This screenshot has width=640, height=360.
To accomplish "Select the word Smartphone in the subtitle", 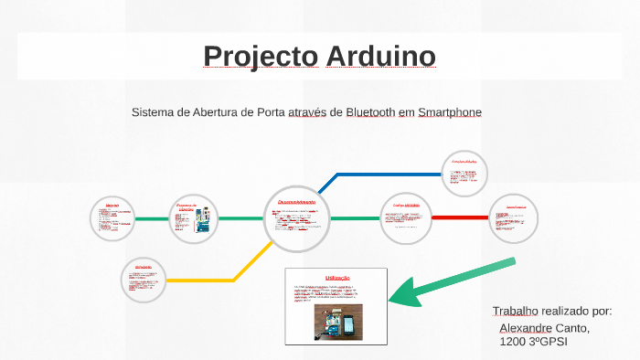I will [x=449, y=112].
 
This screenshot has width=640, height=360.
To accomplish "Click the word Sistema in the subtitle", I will [x=155, y=112].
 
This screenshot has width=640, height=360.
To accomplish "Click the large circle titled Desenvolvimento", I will [x=296, y=218].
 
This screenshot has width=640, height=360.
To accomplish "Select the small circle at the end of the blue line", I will [x=464, y=174].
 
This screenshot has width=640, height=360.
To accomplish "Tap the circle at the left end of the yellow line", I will [x=144, y=279].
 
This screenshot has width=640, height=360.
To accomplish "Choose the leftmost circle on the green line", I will [x=112, y=218].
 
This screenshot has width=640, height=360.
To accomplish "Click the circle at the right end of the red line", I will [x=514, y=218].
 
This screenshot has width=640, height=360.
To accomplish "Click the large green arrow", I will [x=449, y=282].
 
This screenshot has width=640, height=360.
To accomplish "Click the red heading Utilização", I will [x=337, y=277].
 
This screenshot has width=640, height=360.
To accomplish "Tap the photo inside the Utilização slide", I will [x=338, y=322].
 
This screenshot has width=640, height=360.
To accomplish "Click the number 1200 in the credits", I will [x=513, y=342].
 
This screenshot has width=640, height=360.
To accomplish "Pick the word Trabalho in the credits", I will [x=516, y=312].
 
